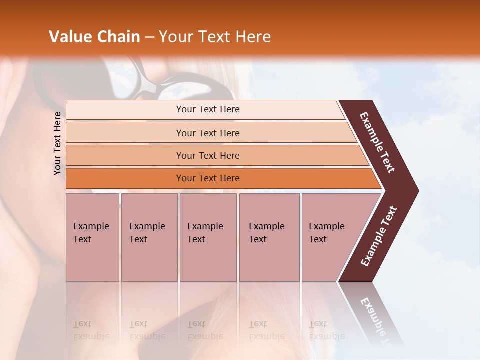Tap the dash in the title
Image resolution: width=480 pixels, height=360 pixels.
[149, 37]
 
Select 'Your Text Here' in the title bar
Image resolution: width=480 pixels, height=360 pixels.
[215, 37]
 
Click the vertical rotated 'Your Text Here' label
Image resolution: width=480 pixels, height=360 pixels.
[57, 143]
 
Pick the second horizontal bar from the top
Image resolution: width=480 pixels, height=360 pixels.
[207, 133]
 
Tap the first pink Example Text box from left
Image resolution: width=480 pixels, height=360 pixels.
[92, 237]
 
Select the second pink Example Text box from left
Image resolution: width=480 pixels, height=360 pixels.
[149, 237]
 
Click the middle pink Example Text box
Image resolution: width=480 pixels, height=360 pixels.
[208, 237]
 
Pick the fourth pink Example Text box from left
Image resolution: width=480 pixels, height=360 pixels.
[269, 237]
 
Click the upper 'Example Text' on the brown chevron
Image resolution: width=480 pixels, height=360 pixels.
[377, 142]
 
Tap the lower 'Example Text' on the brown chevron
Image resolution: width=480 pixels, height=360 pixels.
[379, 236]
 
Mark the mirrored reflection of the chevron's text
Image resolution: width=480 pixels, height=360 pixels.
[377, 320]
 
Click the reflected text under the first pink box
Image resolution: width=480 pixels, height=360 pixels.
[91, 330]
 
